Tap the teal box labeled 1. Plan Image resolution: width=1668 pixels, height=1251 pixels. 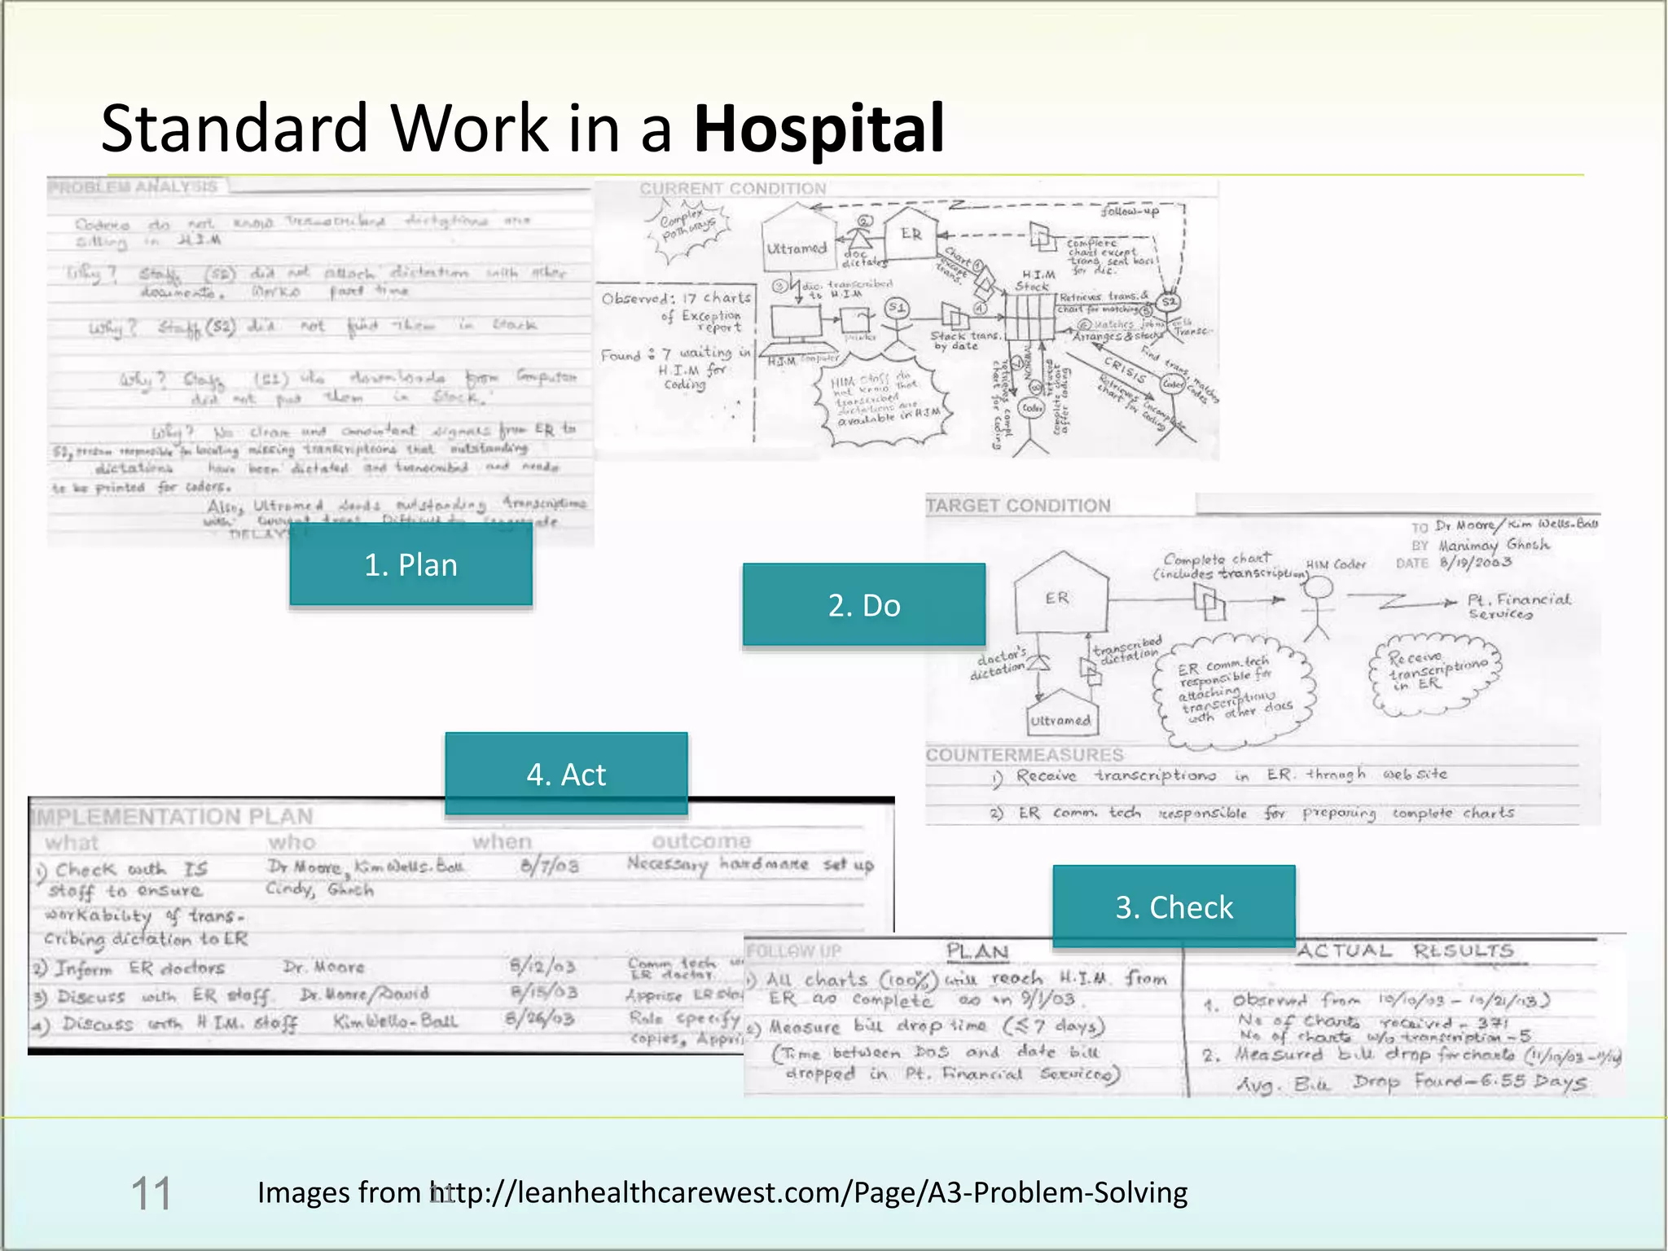click(x=410, y=564)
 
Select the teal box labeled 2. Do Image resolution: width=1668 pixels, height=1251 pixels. click(x=863, y=605)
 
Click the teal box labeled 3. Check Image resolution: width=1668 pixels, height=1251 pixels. click(x=1174, y=906)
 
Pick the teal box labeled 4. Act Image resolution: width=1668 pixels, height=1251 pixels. click(x=566, y=774)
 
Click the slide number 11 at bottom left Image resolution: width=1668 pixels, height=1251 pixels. click(x=151, y=1194)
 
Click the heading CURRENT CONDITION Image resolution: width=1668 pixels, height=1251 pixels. click(x=732, y=189)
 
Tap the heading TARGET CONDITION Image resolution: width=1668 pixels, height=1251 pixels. click(x=1018, y=506)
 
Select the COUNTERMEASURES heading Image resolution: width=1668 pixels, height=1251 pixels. click(x=1025, y=755)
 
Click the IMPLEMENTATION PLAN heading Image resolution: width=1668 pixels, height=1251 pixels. click(x=173, y=817)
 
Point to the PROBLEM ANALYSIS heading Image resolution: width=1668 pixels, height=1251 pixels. click(x=134, y=187)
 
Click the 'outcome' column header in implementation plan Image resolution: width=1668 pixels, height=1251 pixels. click(x=701, y=841)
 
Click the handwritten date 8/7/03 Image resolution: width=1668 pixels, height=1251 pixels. click(x=549, y=865)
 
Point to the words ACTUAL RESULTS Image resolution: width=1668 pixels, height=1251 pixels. click(x=1405, y=951)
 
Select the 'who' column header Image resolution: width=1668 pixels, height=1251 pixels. click(x=292, y=842)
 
